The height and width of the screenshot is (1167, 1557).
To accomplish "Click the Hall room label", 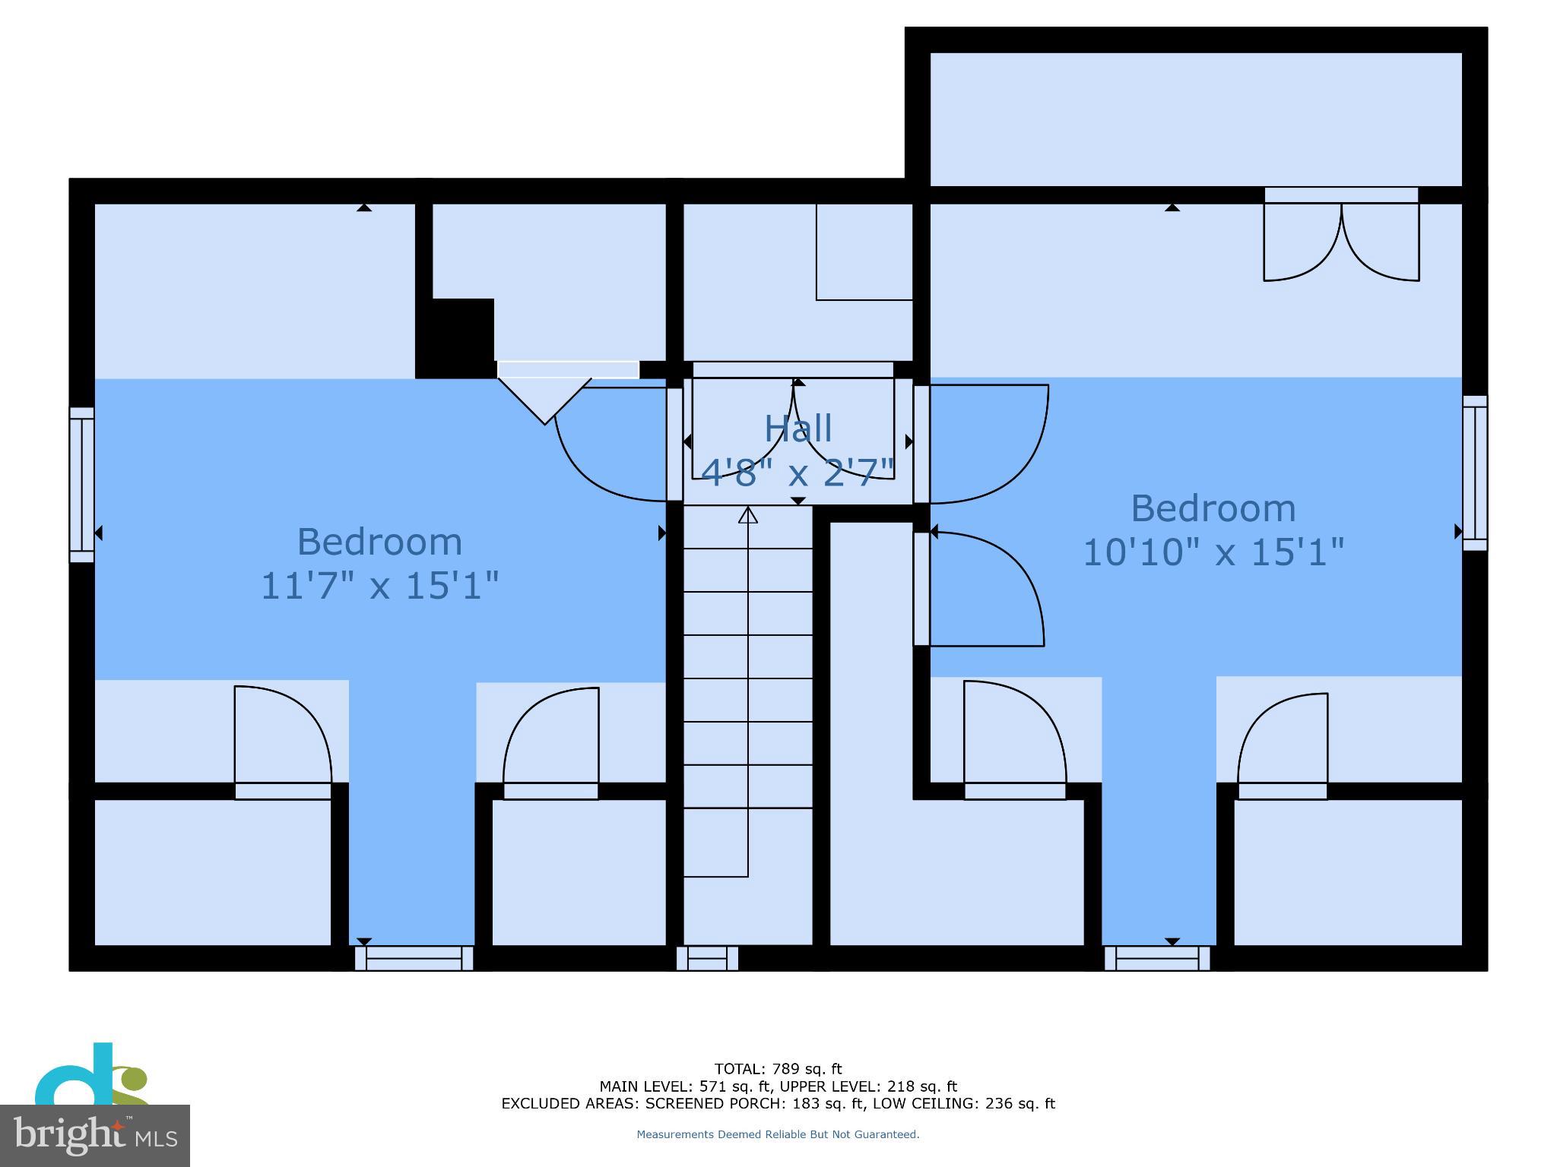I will (798, 429).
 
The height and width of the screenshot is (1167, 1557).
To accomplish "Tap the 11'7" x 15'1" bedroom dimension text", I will (379, 586).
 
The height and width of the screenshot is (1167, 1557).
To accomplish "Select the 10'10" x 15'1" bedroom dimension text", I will (1213, 552).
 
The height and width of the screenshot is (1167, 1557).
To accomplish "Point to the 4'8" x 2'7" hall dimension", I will (798, 473).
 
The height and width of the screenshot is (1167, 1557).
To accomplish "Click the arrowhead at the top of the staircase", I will (748, 516).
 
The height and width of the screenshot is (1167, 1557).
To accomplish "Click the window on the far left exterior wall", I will (82, 485).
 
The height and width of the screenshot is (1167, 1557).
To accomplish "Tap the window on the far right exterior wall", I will (1474, 473).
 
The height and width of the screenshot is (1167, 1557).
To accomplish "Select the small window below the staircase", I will (707, 958).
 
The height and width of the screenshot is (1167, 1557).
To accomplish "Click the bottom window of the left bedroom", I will (414, 958).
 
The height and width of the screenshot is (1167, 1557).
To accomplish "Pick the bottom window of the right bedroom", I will (1156, 958).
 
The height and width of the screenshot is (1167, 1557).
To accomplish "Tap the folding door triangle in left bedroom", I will (544, 399).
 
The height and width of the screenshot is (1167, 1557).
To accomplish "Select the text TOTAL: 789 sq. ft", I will (778, 1069).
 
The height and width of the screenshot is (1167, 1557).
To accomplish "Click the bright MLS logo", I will (95, 1135).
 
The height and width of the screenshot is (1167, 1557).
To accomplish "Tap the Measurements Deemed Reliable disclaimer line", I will (778, 1134).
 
